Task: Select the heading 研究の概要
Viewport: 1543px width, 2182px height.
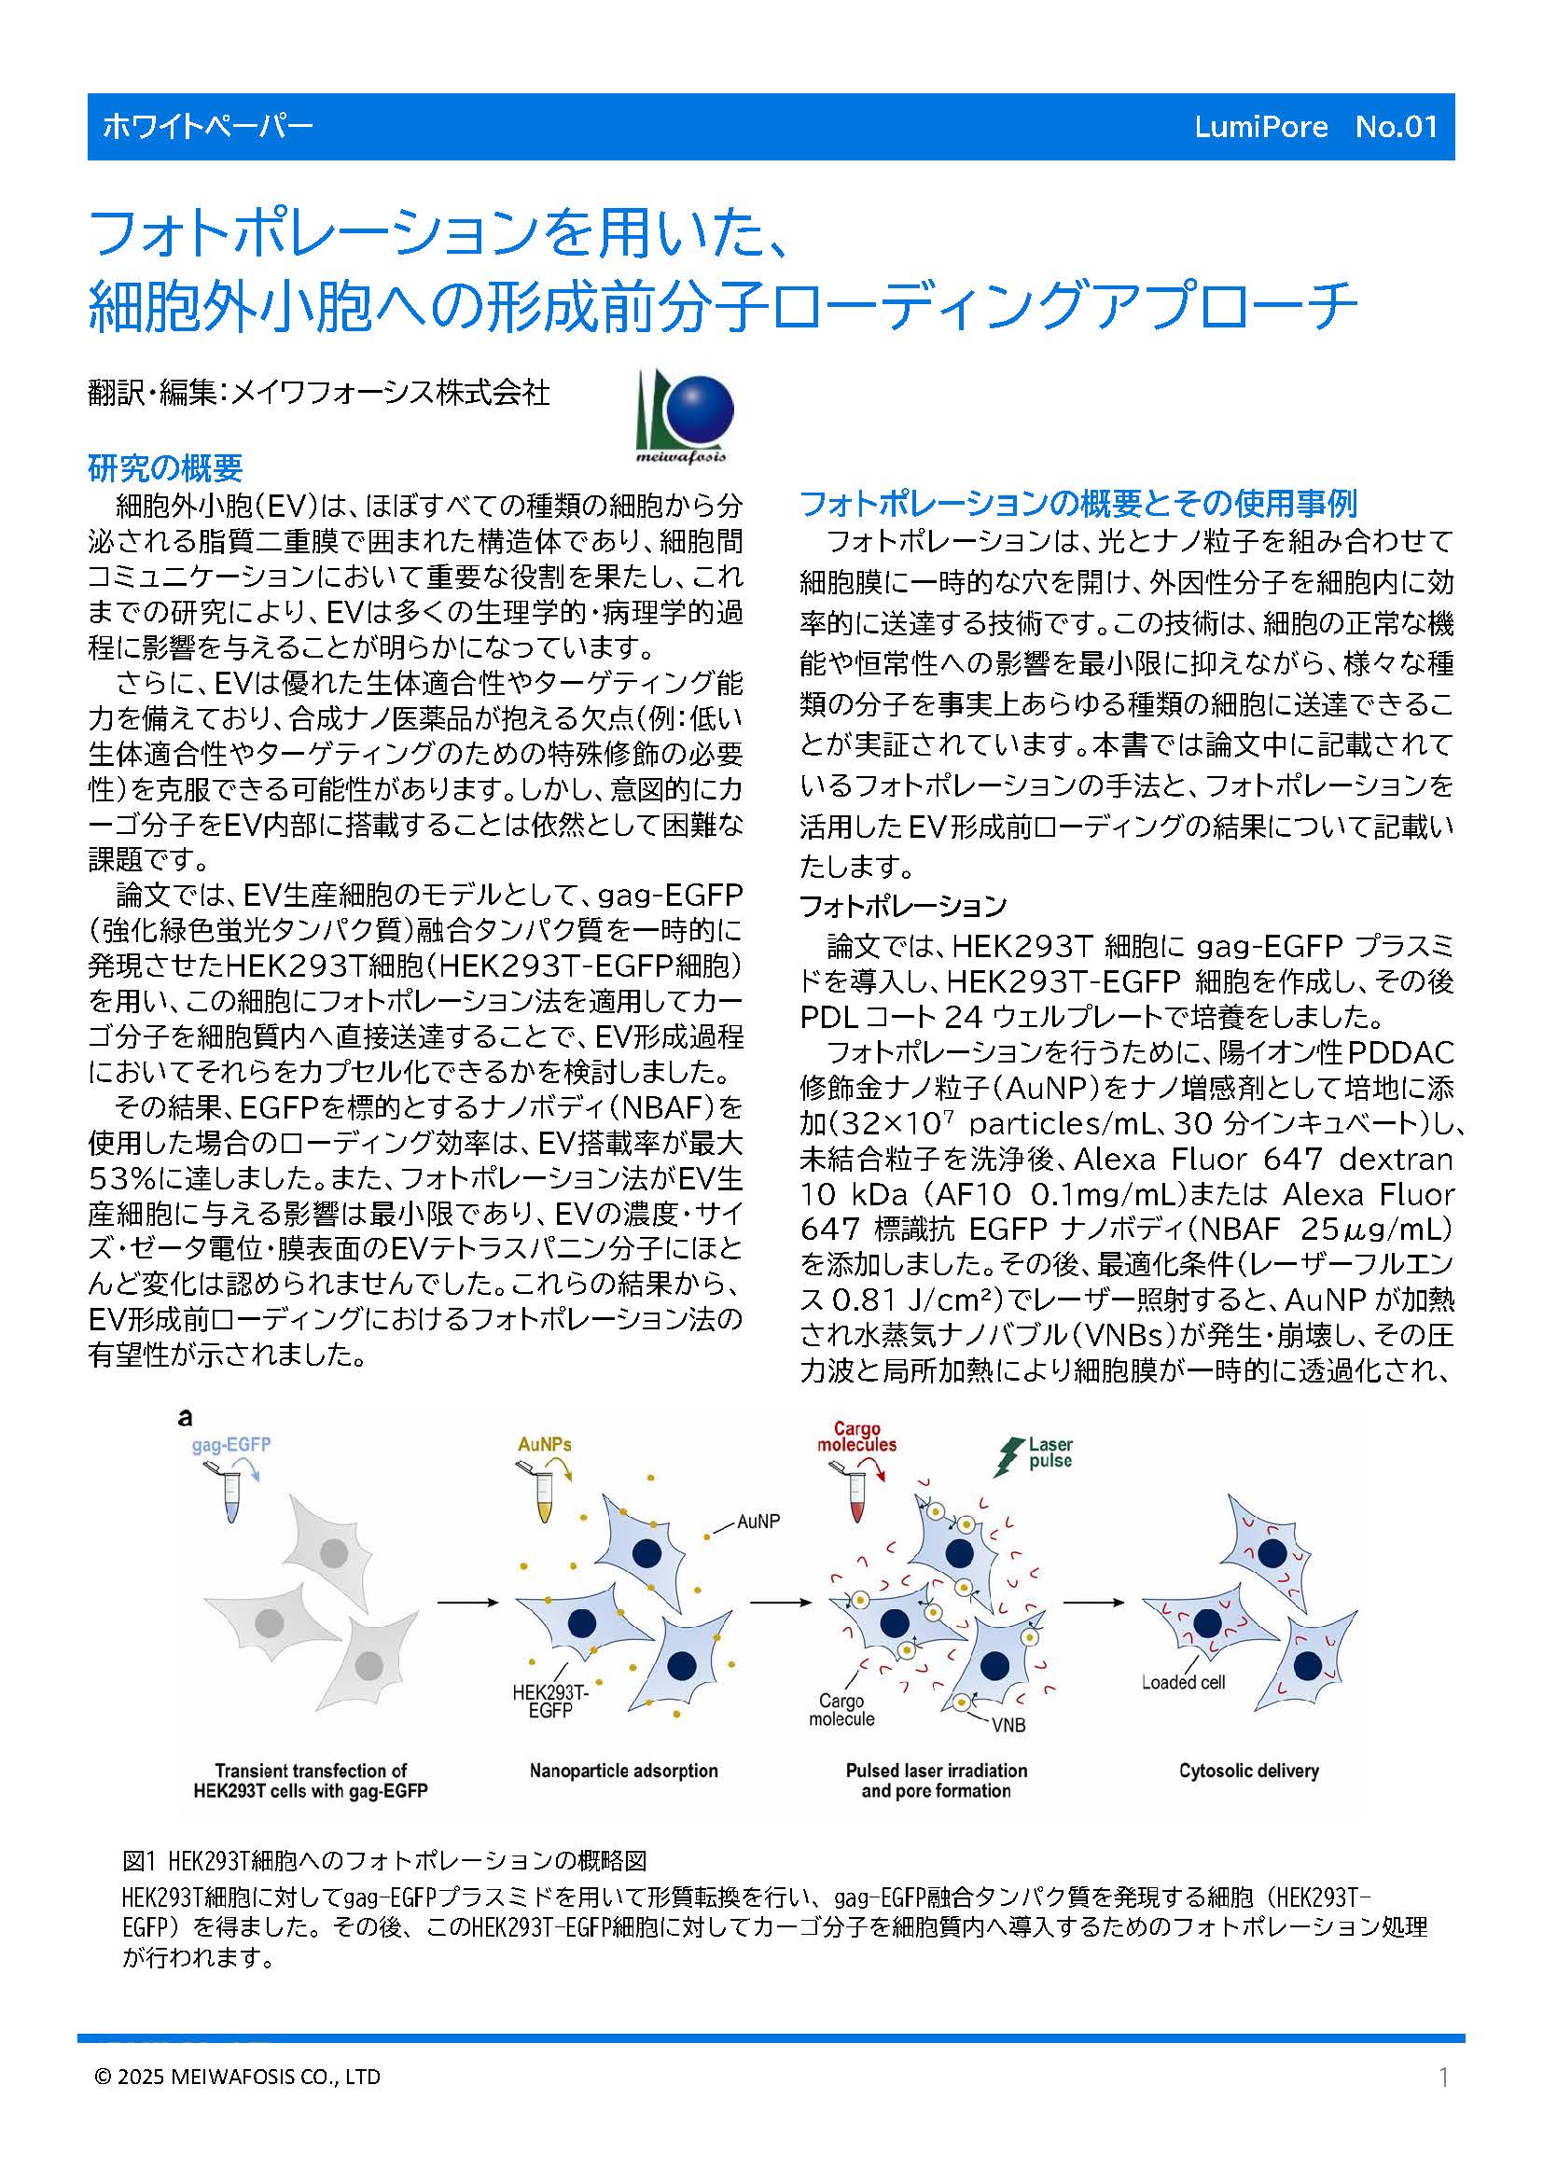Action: pyautogui.click(x=165, y=467)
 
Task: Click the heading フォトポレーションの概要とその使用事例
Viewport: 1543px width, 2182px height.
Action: pyautogui.click(x=1077, y=503)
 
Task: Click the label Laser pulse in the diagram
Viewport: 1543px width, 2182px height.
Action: pyautogui.click(x=1050, y=1453)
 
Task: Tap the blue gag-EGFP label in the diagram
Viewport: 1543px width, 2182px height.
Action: pyautogui.click(x=230, y=1445)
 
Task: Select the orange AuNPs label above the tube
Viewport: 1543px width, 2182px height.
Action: pyautogui.click(x=545, y=1444)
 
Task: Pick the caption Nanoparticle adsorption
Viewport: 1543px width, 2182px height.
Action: pyautogui.click(x=623, y=1771)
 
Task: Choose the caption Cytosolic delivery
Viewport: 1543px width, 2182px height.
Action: pyautogui.click(x=1248, y=1771)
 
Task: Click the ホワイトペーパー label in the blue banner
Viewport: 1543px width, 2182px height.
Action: pyautogui.click(x=207, y=128)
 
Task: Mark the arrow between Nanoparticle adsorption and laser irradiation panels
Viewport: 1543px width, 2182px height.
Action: pyautogui.click(x=781, y=1603)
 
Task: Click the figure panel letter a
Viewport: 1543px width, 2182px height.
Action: pyautogui.click(x=186, y=1418)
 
